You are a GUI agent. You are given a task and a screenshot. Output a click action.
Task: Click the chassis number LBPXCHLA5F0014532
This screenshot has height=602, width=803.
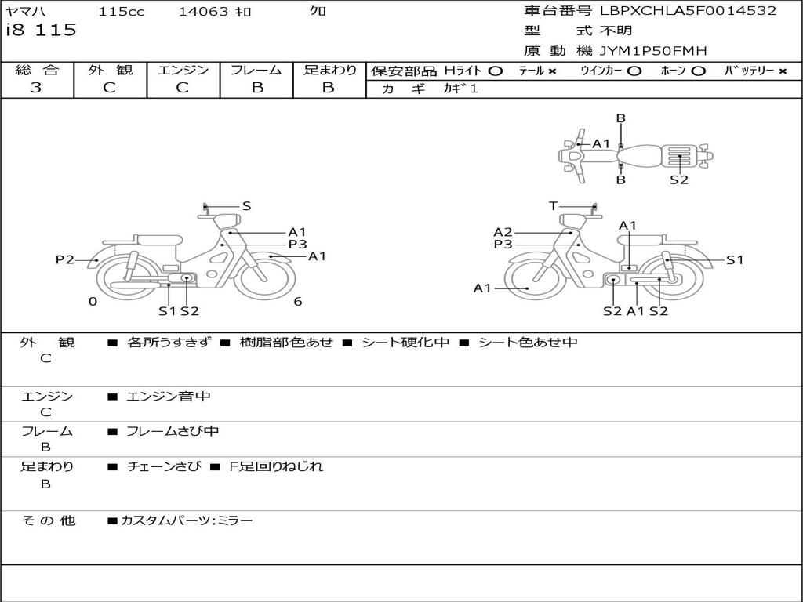(688, 11)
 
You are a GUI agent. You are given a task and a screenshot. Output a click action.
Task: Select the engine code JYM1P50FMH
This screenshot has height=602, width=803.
(653, 51)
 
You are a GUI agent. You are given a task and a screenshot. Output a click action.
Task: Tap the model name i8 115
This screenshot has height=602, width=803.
(41, 31)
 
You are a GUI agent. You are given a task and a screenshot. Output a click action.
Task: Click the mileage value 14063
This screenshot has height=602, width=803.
(203, 11)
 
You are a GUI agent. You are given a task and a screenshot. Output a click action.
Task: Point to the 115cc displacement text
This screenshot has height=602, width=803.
(122, 11)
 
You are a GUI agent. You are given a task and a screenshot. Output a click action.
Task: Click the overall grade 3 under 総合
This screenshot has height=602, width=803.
(36, 88)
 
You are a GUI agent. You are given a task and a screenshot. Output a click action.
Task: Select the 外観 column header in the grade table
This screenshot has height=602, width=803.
(110, 70)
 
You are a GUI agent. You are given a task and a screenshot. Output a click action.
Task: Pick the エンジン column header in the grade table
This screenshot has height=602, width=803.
(183, 70)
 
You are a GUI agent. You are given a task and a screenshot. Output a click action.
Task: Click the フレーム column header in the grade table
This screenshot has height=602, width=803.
(256, 70)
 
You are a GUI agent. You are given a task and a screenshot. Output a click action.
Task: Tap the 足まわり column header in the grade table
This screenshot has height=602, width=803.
(329, 70)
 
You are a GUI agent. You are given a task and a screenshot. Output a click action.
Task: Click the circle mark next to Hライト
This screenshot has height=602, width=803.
(495, 71)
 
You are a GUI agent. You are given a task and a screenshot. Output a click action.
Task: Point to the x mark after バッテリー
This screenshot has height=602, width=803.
(783, 71)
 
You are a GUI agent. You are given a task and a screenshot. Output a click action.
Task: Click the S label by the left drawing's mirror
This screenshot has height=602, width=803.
(246, 206)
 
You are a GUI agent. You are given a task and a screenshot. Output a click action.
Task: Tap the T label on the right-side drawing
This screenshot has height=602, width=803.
(553, 206)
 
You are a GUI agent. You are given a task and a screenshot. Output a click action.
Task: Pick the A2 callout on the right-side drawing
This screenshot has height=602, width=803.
(503, 232)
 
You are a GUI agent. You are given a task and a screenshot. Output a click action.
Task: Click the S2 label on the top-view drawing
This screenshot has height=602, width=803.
(679, 180)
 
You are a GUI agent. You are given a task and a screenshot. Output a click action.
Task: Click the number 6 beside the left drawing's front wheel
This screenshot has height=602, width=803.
(298, 301)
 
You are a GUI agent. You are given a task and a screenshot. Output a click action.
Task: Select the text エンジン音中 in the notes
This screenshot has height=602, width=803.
(169, 397)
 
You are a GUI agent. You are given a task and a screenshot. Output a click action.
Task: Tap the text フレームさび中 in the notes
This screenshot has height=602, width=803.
(173, 431)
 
